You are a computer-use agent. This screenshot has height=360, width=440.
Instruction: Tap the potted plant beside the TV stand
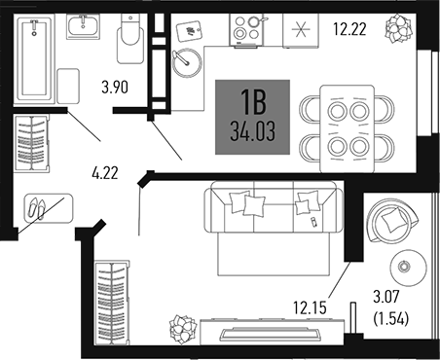click(x=180, y=326)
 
